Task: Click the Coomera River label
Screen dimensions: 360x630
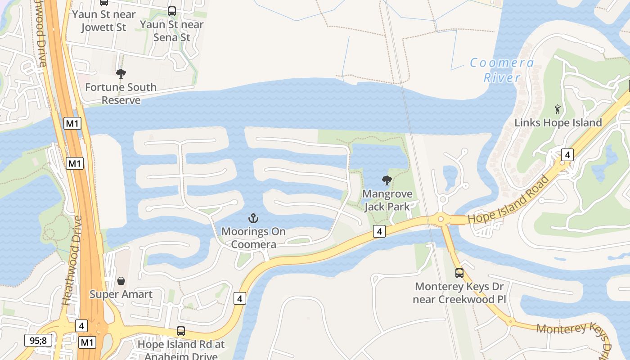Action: [502, 70]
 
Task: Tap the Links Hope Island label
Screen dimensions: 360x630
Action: [558, 122]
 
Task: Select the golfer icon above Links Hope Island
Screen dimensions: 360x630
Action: [558, 109]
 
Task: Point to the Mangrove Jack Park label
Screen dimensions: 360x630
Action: [387, 200]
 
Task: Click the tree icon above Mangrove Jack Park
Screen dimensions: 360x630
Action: [387, 180]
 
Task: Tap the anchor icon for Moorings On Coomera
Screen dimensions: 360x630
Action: [253, 219]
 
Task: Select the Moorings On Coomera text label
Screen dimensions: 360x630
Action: [253, 238]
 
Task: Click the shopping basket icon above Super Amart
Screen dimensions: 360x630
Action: [121, 281]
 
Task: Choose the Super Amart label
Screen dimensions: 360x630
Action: [121, 294]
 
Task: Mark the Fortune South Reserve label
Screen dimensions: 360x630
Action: [121, 94]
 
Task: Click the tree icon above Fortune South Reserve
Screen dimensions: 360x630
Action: [121, 74]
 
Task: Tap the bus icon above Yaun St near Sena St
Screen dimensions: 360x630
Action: [172, 11]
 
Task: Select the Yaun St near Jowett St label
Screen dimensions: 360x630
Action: [104, 21]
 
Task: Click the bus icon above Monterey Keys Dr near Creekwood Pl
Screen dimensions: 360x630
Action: [459, 273]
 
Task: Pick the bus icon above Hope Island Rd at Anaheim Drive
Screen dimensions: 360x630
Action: [180, 331]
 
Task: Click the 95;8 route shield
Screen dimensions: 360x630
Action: [38, 340]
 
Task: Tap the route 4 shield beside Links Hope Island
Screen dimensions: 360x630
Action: [567, 155]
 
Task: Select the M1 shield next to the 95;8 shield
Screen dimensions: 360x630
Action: [87, 342]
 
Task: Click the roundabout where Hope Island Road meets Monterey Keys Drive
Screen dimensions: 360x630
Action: [441, 219]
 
